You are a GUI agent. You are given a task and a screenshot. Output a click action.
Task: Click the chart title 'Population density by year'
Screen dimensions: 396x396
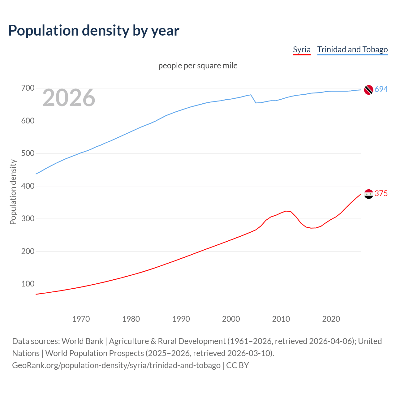click(x=94, y=30)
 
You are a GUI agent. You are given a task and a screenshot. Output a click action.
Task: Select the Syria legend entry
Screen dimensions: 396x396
click(x=302, y=49)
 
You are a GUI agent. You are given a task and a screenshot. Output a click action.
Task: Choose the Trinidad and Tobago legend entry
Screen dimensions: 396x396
click(x=352, y=49)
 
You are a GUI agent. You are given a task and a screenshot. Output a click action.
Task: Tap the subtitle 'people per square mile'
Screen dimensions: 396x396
click(x=198, y=66)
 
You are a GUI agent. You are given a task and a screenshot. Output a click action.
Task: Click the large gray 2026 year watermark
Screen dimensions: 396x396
click(x=69, y=98)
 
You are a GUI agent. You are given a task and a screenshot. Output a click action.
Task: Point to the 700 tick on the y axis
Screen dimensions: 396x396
click(x=28, y=88)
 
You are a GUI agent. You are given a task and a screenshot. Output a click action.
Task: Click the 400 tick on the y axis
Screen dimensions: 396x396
click(x=28, y=186)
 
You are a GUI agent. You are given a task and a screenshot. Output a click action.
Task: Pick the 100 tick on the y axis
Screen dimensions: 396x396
click(x=28, y=284)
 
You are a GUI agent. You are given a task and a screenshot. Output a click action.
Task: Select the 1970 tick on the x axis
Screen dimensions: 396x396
click(x=81, y=319)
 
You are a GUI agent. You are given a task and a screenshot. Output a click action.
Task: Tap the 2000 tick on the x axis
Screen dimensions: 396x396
click(x=231, y=319)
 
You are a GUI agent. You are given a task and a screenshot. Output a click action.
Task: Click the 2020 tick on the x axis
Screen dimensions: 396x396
click(x=331, y=319)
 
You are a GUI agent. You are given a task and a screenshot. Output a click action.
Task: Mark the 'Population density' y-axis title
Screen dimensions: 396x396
click(x=13, y=192)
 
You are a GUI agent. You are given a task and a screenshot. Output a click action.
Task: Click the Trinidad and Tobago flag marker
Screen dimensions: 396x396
click(x=368, y=90)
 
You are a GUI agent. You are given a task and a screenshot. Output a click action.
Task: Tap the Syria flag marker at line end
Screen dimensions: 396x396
click(x=368, y=194)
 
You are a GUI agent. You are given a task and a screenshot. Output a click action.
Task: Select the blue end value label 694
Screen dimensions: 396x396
click(x=381, y=89)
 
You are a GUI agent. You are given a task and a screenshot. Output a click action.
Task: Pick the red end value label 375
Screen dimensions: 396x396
click(x=381, y=193)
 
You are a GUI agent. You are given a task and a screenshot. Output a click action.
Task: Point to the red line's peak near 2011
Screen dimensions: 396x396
click(x=286, y=211)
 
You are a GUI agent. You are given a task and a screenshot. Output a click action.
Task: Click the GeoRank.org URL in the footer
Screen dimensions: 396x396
click(x=116, y=365)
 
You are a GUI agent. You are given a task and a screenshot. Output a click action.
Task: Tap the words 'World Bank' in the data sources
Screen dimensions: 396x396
click(x=82, y=341)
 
